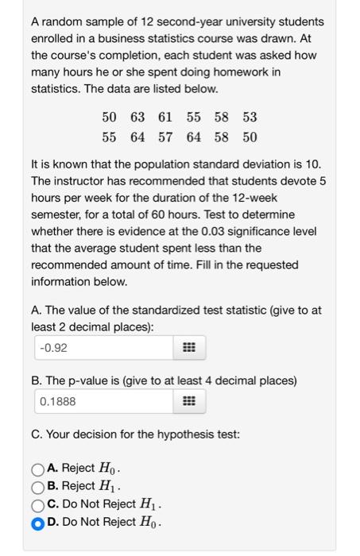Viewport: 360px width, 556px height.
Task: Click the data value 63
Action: (137, 118)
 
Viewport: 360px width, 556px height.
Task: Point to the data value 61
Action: (165, 118)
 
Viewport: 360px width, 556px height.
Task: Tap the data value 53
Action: (250, 118)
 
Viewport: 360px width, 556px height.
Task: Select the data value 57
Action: (165, 137)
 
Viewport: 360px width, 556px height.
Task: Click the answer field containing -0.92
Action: (103, 347)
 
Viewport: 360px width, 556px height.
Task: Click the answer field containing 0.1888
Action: (103, 401)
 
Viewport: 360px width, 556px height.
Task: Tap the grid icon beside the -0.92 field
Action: (189, 347)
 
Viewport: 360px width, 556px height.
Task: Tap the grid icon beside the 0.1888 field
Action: (189, 401)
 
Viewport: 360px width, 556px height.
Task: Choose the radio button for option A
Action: (38, 468)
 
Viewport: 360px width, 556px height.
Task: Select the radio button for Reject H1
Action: (38, 486)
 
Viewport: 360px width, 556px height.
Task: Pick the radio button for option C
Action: (38, 504)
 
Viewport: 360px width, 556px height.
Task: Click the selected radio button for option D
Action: (38, 523)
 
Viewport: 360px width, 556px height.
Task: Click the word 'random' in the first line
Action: (62, 21)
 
